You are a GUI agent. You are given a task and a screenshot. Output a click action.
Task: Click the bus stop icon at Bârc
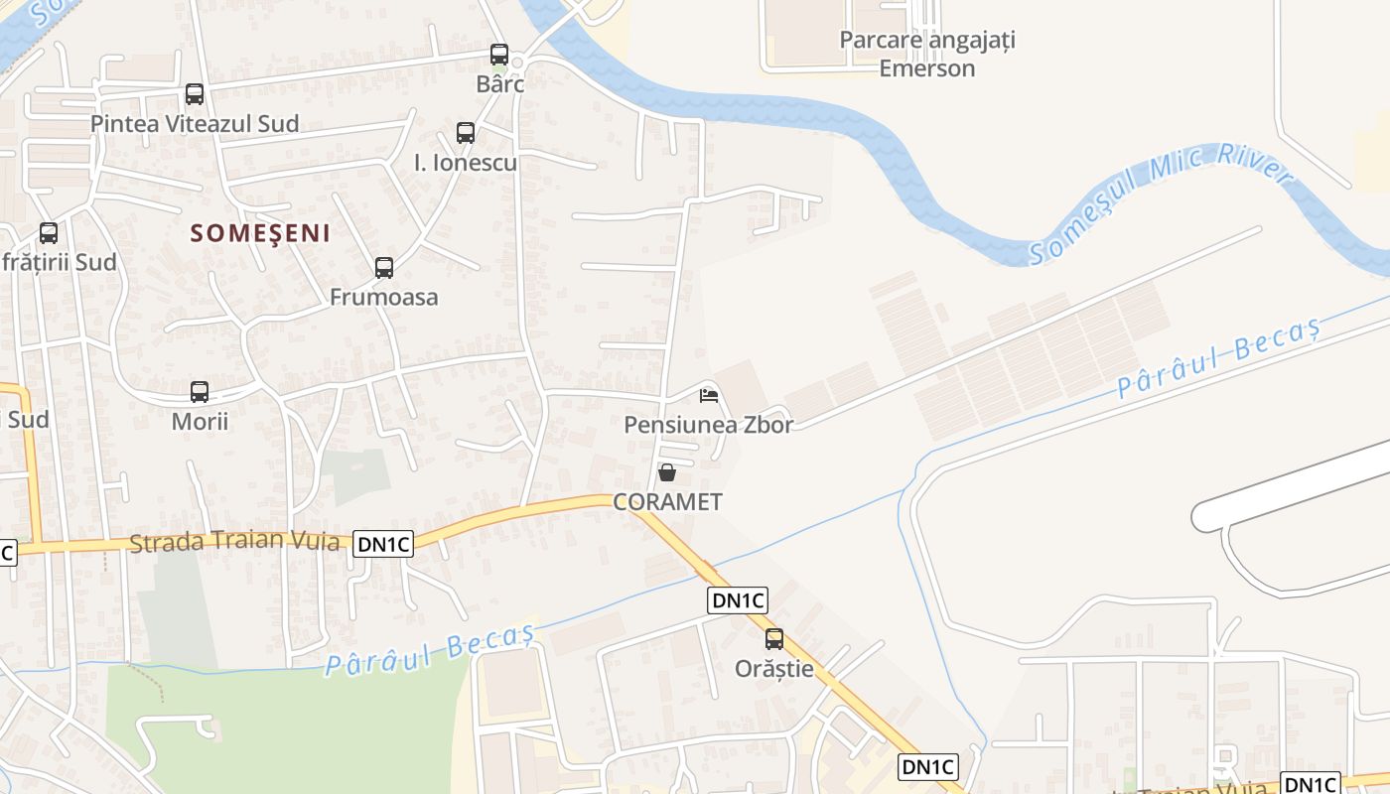point(499,55)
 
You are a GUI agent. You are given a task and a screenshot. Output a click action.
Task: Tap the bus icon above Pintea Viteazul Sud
point(195,94)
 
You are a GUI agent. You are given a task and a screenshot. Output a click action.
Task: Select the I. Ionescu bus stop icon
point(466,132)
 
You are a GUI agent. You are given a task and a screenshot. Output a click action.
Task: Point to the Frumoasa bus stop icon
point(384,267)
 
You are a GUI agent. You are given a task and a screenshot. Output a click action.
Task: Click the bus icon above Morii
point(200,391)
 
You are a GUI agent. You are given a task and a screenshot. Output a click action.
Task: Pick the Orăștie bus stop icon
point(774,639)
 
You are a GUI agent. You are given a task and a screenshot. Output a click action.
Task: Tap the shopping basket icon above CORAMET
point(667,472)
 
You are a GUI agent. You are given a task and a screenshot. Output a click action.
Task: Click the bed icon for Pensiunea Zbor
point(708,395)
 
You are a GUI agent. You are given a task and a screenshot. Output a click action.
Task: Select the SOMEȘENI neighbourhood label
point(260,233)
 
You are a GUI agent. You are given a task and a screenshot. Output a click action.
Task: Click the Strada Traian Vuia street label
point(234,542)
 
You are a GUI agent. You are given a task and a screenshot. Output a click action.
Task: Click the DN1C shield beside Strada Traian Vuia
point(382,543)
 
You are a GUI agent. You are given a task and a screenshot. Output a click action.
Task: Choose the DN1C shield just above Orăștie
point(739,599)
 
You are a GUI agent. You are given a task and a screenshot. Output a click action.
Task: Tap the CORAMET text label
point(667,502)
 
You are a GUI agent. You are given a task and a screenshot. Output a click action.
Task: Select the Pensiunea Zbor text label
point(709,425)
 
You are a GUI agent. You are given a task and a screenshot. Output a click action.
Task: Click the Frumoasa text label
point(383,297)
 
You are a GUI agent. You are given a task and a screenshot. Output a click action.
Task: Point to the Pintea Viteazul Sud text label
point(195,124)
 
